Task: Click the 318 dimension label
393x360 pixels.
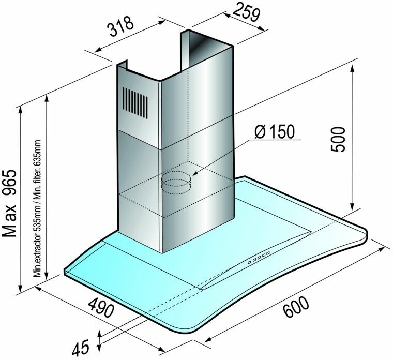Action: [x=121, y=26]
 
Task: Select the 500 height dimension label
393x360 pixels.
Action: [x=338, y=139]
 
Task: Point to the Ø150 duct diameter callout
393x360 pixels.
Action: [x=274, y=131]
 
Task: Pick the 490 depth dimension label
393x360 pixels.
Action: [x=101, y=307]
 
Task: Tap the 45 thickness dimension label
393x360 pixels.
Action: [x=81, y=348]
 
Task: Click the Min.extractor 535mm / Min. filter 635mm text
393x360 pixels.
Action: [x=37, y=208]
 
